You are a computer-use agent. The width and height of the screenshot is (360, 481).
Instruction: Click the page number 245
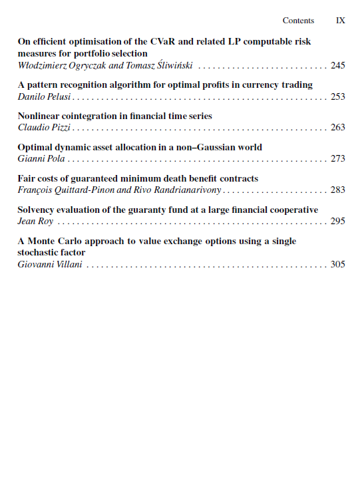tap(337, 66)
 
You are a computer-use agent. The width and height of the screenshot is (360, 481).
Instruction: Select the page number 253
tap(337, 96)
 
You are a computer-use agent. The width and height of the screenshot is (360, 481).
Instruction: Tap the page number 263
tap(337, 128)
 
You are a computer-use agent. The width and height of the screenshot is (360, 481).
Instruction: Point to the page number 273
tap(337, 159)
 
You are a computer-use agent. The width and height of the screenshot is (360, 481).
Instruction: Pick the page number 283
tap(337, 190)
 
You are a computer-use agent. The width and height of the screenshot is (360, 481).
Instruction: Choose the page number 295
tap(337, 222)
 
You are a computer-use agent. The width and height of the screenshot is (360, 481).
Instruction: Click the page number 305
tap(337, 264)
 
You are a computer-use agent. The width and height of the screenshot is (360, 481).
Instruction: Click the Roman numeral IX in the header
tap(341, 21)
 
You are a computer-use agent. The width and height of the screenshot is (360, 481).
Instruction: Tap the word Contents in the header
tap(298, 21)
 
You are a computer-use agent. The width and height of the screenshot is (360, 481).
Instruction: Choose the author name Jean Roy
tap(35, 222)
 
